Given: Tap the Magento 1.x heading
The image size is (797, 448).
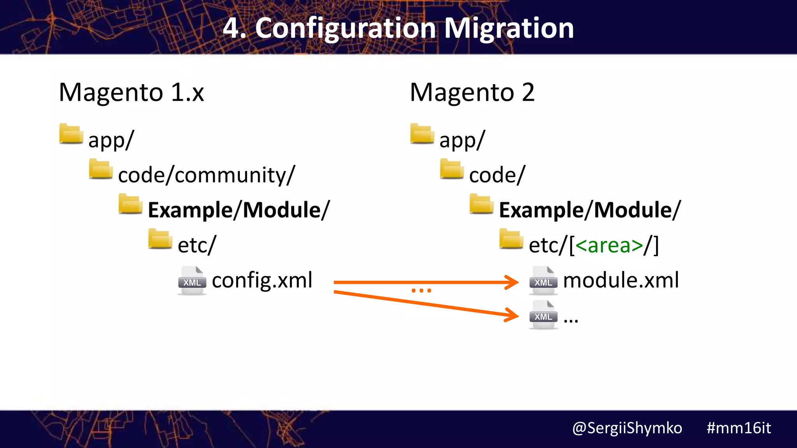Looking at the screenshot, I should pos(131,93).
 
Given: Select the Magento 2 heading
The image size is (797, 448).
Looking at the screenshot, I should pos(472,93).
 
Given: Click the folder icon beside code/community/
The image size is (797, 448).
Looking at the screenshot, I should pos(100,169).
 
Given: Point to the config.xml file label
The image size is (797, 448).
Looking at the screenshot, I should pos(262,280).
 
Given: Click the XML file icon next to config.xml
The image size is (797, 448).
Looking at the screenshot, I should pos(192,281).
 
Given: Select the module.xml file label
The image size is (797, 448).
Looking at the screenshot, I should pos(621,280).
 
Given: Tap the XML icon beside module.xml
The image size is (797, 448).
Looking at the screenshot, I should pos(543,281).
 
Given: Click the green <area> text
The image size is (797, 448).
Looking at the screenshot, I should pos(609,245).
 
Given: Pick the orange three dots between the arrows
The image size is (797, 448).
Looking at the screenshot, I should pos(421,290).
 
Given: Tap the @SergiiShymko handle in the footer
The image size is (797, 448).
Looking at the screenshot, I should pos(627,428).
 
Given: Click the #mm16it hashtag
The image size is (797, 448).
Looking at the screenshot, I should pos(738,428).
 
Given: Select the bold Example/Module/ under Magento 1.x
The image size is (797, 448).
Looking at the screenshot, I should pos(239,210).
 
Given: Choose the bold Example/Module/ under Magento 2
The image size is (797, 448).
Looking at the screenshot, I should pos(590,210).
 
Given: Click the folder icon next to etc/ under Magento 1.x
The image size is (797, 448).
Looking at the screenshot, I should pos(160,239).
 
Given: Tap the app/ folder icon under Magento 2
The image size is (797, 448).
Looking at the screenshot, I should pos(422,134).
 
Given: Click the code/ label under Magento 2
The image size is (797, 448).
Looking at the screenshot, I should pos(497,175).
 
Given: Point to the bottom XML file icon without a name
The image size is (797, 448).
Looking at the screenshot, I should pos(543,315).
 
